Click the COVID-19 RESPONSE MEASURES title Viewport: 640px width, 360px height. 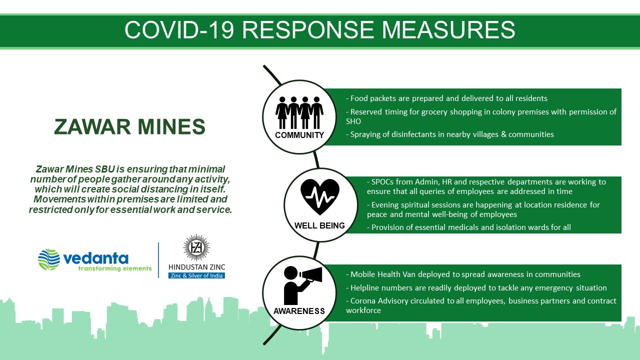tap(319, 29)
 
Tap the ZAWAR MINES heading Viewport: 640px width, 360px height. tap(129, 126)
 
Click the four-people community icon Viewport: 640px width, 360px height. tap(299, 112)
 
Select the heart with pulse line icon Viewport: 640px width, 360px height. tap(320, 197)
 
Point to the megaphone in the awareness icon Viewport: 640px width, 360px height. tap(311, 275)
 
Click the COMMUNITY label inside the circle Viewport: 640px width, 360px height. tap(299, 135)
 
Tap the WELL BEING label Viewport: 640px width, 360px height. tap(319, 225)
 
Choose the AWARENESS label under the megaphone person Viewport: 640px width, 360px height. tap(299, 311)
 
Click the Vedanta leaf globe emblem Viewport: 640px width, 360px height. tap(49, 259)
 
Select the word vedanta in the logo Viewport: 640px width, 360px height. tap(95, 258)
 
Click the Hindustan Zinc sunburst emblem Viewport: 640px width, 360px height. tap(196, 247)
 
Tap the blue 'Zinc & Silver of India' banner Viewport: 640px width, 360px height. tap(196, 275)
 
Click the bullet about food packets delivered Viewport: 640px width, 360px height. tap(446, 98)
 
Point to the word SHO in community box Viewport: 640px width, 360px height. tap(353, 121)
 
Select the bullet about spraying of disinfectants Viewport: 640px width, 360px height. tap(449, 134)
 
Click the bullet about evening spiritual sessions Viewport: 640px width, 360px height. tap(483, 209)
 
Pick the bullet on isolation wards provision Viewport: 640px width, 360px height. tap(469, 227)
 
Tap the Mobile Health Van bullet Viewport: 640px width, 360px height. tap(463, 274)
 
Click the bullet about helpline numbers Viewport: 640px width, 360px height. tap(476, 288)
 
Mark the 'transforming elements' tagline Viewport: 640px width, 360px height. tap(115, 268)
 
